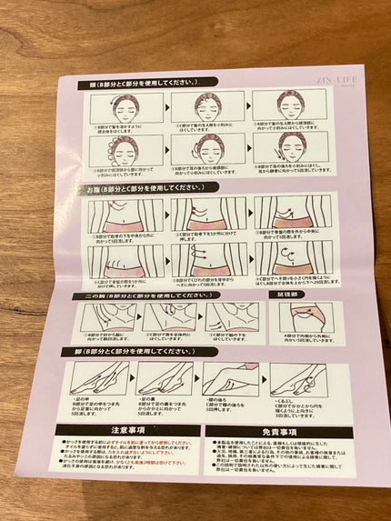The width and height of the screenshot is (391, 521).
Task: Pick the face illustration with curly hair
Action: click(126, 150)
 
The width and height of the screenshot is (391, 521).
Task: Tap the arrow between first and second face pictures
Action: click(172, 106)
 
